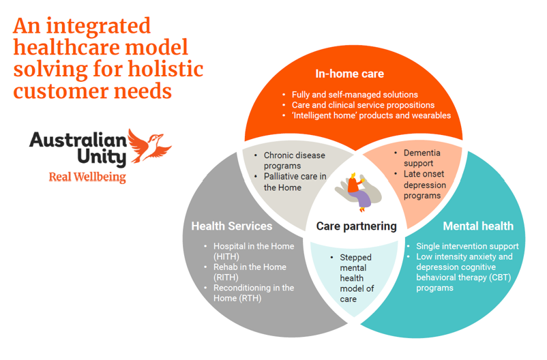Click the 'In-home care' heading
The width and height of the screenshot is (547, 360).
click(349, 74)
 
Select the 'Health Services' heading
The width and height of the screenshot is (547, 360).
click(231, 226)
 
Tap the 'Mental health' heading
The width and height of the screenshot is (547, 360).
click(478, 226)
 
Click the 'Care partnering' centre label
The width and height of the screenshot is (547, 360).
click(356, 226)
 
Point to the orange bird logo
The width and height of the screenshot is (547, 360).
click(149, 145)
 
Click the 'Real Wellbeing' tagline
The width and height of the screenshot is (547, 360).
click(87, 178)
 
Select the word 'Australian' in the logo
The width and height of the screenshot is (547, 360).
click(78, 140)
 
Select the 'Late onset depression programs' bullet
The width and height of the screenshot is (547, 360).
click(424, 185)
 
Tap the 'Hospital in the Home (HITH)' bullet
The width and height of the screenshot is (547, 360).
click(254, 251)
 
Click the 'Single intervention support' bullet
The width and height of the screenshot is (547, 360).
click(467, 246)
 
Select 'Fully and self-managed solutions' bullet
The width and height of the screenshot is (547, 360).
click(354, 95)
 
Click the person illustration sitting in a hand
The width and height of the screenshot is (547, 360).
click(357, 190)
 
